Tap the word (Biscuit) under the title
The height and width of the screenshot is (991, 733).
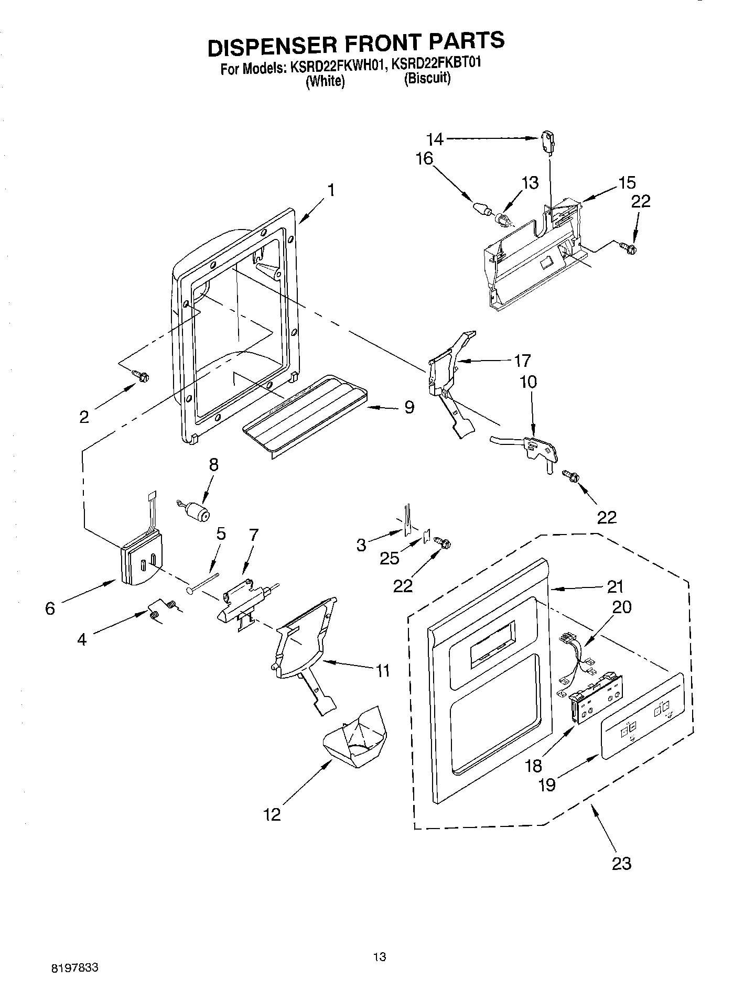point(427,79)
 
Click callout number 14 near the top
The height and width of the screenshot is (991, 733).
point(435,139)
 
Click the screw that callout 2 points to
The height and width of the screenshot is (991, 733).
point(141,375)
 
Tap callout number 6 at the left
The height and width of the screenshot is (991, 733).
point(50,608)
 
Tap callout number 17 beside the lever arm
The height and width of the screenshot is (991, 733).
point(522,361)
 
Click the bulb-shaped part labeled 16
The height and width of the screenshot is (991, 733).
point(482,208)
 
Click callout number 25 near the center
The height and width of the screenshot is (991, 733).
point(389,558)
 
